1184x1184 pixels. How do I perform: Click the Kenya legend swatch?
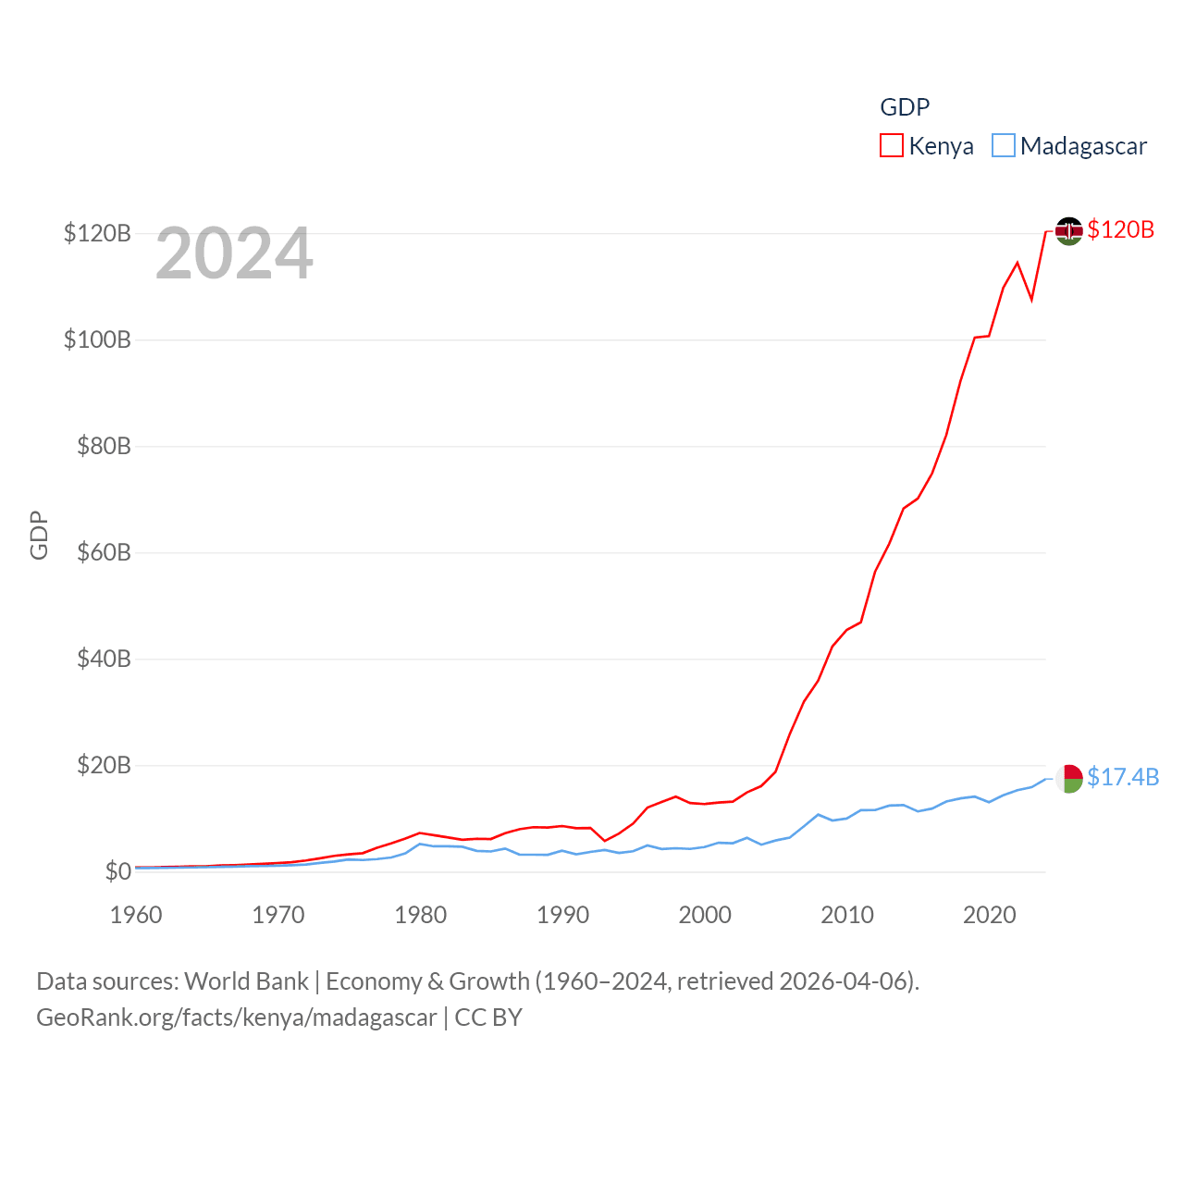[892, 146]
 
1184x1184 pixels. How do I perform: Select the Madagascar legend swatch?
[1004, 146]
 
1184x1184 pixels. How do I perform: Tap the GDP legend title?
[905, 107]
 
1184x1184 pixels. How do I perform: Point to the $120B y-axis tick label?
[97, 233]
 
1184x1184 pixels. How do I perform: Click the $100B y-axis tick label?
[97, 339]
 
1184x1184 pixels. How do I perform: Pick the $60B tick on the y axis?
[103, 552]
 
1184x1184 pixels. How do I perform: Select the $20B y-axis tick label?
[103, 765]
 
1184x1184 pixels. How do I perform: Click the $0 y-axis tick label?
[117, 871]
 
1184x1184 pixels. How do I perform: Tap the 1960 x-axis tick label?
[136, 915]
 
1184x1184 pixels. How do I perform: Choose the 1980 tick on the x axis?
[421, 915]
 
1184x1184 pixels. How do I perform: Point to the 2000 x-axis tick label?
[705, 915]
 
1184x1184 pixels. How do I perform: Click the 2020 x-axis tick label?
[990, 915]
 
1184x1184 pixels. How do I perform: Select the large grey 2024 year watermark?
[234, 253]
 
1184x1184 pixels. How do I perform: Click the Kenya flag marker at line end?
[1069, 231]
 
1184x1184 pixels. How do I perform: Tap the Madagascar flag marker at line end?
[1069, 778]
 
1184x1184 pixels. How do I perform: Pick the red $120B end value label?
[1121, 229]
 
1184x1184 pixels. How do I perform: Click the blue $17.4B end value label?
[1123, 777]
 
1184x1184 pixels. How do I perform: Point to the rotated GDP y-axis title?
[39, 535]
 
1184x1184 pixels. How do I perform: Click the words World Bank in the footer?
[246, 980]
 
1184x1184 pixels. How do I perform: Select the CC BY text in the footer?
[488, 1017]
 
